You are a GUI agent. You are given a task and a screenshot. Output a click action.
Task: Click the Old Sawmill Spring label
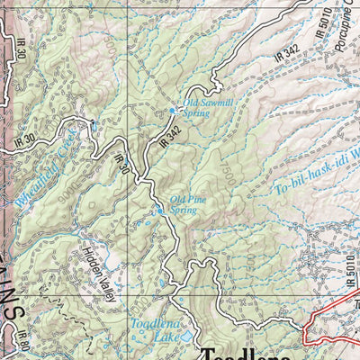(208, 109)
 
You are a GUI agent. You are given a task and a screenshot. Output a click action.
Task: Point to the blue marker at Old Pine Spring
(159, 211)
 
